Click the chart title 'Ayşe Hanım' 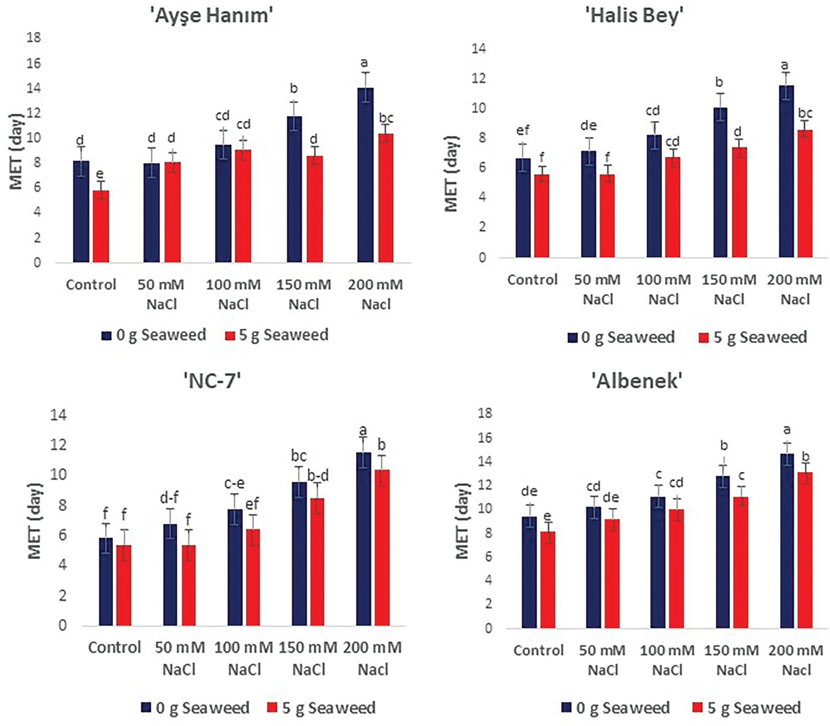pos(212,16)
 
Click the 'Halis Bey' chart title pos(634,16)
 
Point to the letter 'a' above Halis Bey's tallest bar pos(784,65)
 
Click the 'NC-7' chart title pos(212,381)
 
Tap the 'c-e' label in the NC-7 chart pos(234,484)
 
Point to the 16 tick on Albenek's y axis pos(485,437)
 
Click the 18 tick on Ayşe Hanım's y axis pos(34,38)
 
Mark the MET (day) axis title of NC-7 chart pos(35,521)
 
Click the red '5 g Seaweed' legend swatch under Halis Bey pos(704,338)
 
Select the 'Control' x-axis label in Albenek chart pos(538,651)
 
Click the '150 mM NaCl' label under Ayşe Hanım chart pos(304,294)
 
